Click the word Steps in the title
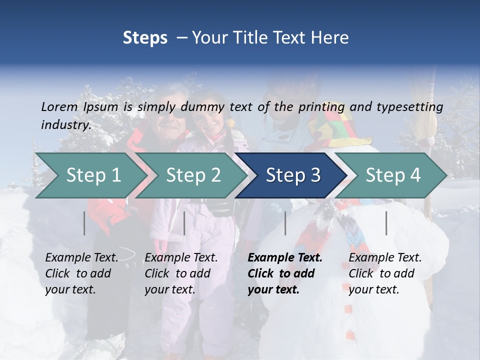click(x=145, y=38)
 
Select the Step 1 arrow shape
click(x=90, y=175)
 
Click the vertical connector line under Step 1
click(x=84, y=223)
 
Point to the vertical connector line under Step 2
click(x=184, y=223)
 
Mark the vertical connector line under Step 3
click(x=285, y=223)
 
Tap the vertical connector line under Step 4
click(x=386, y=223)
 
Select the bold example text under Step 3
click(x=285, y=273)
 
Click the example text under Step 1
click(x=81, y=273)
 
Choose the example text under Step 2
click(x=181, y=273)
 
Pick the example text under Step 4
click(x=385, y=273)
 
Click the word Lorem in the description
click(x=59, y=106)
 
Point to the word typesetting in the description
click(x=406, y=107)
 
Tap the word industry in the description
click(x=66, y=125)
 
